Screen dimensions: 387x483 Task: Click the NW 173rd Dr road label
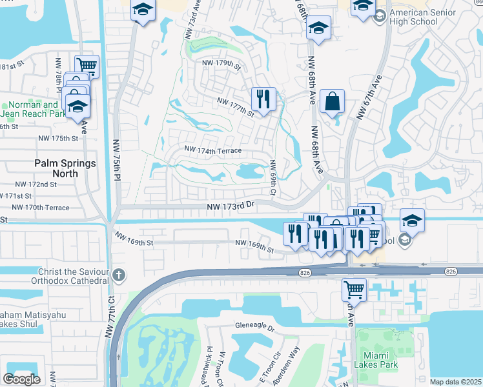coord(232,206)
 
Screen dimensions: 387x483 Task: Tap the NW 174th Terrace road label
coord(212,150)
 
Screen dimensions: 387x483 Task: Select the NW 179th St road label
coord(221,64)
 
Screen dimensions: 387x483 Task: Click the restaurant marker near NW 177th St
coord(263,99)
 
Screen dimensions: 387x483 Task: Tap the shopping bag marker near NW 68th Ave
coord(332,101)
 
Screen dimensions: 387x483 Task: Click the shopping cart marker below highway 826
coord(354,290)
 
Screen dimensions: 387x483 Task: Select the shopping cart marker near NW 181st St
coord(87,65)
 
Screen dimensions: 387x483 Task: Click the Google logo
coord(21,379)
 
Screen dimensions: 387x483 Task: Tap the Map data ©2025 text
coord(455,382)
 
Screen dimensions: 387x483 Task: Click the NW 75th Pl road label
coord(117,159)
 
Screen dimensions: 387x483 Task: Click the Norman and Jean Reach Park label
coord(29,109)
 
